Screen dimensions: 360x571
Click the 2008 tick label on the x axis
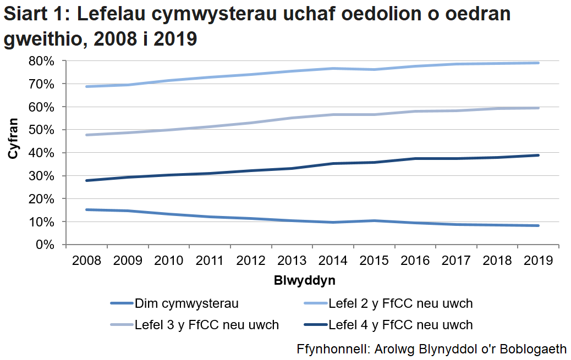[86, 261]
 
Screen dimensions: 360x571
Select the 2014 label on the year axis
[333, 261]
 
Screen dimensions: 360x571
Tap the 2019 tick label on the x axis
[538, 261]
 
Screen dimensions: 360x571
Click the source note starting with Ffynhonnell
[431, 348]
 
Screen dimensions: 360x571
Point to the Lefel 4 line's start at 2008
[86, 180]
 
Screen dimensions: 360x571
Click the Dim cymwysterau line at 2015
[374, 221]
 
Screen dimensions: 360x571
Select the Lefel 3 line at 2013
[292, 118]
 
